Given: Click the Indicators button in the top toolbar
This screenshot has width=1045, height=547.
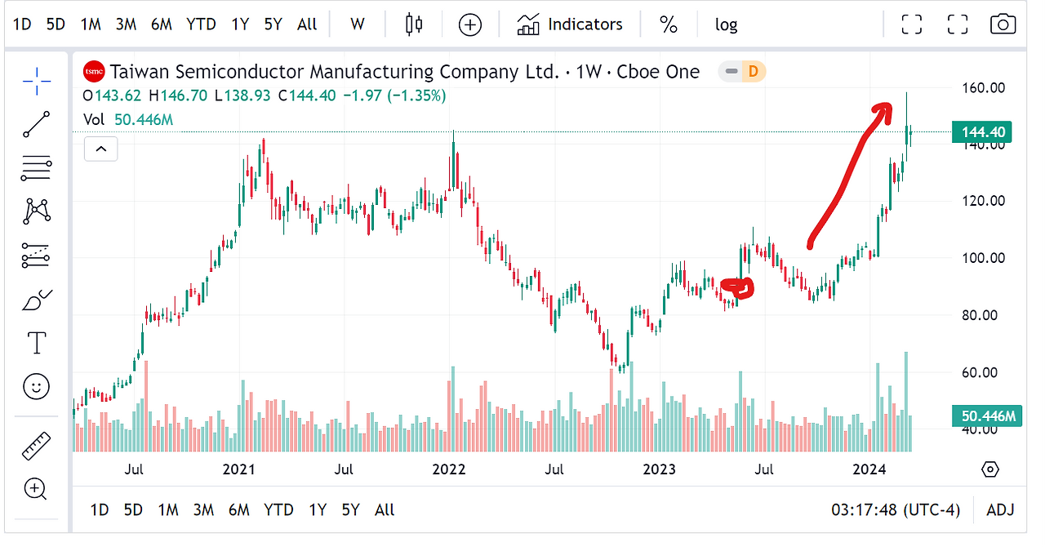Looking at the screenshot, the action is tap(570, 24).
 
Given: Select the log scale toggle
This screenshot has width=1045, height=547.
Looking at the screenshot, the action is tap(726, 24).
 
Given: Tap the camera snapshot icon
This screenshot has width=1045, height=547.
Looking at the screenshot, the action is tap(1003, 24).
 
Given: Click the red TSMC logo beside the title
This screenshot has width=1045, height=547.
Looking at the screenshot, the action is tap(94, 71).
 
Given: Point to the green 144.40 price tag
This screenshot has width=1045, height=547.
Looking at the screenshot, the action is tap(981, 132).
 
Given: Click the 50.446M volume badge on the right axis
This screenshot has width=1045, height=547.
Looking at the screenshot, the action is tap(987, 416).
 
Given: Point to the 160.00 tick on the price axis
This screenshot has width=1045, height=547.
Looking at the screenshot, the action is tap(984, 87).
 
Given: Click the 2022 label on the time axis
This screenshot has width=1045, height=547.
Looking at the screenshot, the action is tap(449, 469).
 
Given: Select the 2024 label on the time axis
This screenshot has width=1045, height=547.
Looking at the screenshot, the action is tap(869, 469).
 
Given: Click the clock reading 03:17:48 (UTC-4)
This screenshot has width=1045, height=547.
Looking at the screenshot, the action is tap(896, 509).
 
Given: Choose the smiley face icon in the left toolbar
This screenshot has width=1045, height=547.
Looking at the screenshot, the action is tap(36, 386).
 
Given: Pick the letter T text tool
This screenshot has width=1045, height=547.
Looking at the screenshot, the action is tap(37, 343).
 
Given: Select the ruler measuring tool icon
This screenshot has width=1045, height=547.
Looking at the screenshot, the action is tap(37, 446).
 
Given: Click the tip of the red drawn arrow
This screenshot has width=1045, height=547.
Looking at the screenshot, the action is tap(891, 104).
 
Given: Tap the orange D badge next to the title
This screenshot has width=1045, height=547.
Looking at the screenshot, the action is tap(753, 71).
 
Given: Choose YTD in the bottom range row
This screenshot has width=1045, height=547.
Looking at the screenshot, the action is tap(278, 509).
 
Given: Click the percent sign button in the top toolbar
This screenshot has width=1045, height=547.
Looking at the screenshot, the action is tap(668, 24).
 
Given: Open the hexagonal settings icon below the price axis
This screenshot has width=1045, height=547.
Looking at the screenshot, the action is tap(990, 469).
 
